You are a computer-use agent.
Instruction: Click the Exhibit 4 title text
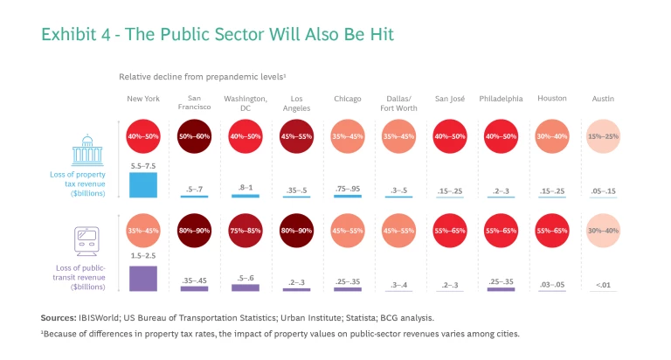point(218,35)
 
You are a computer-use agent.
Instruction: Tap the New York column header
point(142,99)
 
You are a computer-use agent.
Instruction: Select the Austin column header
point(603,99)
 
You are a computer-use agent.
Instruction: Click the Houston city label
point(552,99)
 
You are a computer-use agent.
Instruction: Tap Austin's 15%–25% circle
point(603,137)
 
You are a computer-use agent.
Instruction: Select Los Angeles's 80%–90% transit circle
point(296,233)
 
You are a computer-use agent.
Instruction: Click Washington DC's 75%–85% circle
point(245,233)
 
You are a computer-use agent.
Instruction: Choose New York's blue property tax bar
point(142,184)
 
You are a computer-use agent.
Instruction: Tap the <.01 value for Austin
point(603,284)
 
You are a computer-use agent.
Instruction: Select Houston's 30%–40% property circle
point(552,137)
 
